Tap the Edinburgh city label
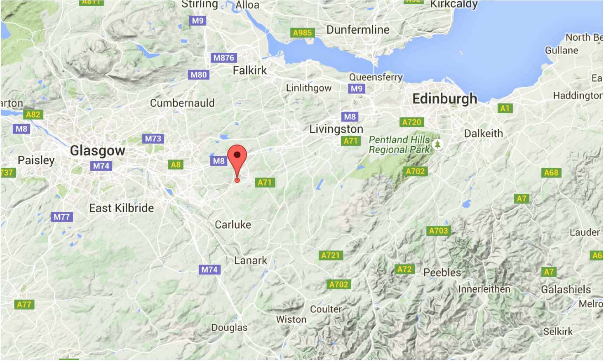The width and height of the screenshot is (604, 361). coord(444,99)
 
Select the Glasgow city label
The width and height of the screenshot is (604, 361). coord(97,151)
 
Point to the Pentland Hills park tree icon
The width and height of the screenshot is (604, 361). coord(437,145)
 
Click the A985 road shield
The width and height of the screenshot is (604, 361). coord(303,33)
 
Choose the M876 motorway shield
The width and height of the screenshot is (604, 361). coord(224,58)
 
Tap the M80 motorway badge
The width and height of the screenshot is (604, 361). coord(199,75)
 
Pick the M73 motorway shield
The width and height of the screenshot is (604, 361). coord(153,139)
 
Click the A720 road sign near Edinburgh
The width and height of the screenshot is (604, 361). coord(411,122)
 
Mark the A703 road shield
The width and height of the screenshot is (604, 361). coord(438,231)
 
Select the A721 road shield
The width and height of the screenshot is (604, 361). coord(331,256)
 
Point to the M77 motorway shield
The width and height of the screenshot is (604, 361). coord(62,217)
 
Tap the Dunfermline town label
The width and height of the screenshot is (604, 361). coord(358,30)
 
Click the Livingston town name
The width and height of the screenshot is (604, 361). coord(336,129)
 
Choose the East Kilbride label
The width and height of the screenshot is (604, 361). coord(122,209)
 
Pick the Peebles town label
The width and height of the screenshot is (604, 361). coord(442,273)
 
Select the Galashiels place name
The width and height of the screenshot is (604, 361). coord(566,290)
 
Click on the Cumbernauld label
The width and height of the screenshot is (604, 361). coord(182,103)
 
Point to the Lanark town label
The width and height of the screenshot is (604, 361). coord(251,261)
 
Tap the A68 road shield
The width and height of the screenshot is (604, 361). coord(551,173)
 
